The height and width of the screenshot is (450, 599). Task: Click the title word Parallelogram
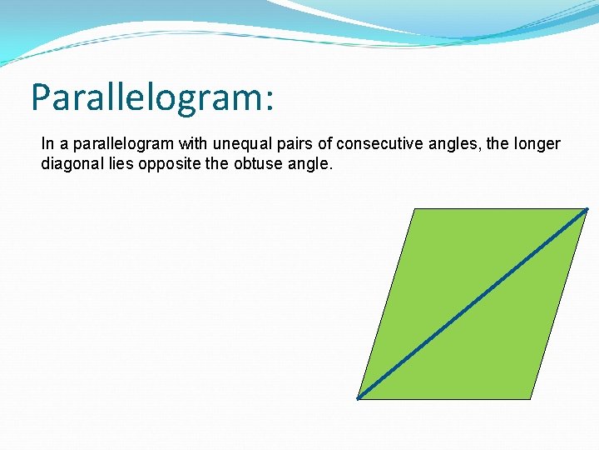point(146,97)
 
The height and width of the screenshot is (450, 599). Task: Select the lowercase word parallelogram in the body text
point(121,144)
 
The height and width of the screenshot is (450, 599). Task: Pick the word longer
point(537,144)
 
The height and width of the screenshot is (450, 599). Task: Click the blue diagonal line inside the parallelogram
point(472,304)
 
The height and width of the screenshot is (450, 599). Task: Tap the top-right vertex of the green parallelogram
point(587,208)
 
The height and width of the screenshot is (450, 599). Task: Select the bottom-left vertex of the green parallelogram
point(358,398)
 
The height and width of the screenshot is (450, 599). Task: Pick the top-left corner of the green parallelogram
point(413,208)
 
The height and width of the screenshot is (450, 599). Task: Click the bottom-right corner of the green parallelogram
point(530,398)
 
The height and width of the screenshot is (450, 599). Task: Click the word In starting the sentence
point(47,144)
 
